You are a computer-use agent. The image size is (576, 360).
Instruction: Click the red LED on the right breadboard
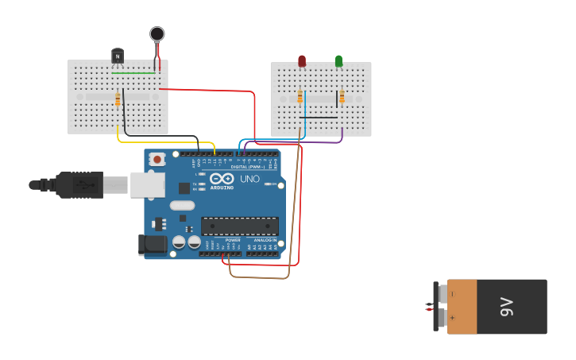(302, 60)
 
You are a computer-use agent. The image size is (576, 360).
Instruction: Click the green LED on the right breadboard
(338, 60)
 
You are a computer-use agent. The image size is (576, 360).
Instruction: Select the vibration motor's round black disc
(157, 33)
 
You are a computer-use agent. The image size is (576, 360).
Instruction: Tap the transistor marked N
(118, 55)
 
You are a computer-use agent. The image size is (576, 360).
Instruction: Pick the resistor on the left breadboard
(118, 99)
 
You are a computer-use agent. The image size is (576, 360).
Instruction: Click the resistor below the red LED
(300, 97)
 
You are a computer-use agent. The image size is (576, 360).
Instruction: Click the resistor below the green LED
(342, 97)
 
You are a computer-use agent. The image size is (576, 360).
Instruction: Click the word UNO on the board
(249, 179)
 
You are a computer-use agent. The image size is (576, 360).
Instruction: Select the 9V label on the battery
(506, 307)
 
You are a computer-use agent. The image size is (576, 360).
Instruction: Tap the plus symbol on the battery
(453, 318)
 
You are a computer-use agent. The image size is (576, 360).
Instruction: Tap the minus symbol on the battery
(453, 294)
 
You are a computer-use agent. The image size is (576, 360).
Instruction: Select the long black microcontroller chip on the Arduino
(240, 226)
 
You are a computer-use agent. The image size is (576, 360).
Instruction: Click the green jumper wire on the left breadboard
(133, 73)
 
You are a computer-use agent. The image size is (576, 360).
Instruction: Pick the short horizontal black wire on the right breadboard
(319, 118)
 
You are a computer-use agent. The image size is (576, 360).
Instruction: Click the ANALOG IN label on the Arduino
(265, 239)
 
